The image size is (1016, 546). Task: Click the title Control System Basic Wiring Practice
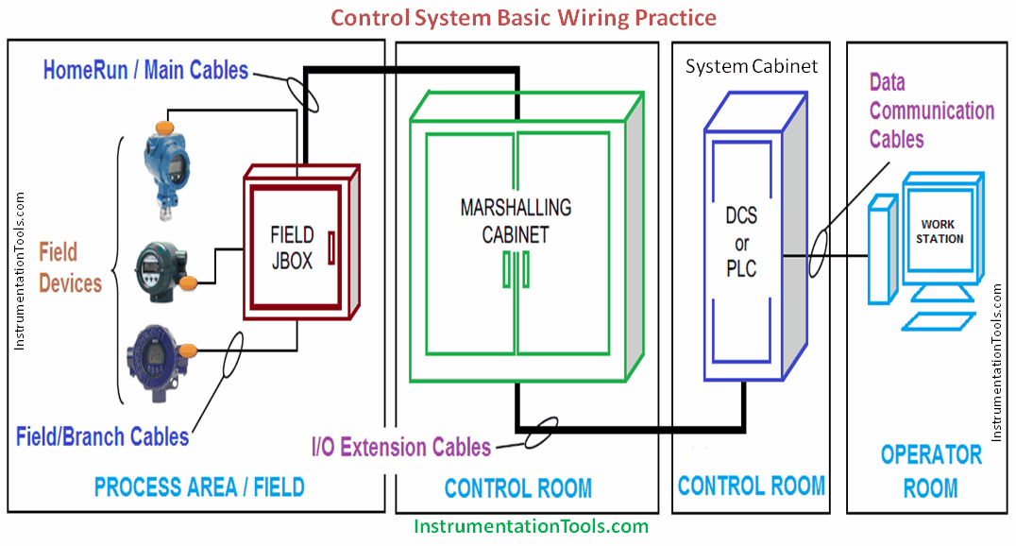pyautogui.click(x=522, y=17)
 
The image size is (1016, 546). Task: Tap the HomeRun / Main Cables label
pyautogui.click(x=145, y=70)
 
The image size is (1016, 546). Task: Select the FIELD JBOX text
pyautogui.click(x=292, y=247)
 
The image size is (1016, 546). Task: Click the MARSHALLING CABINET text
pyautogui.click(x=516, y=220)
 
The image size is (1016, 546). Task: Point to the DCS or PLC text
pyautogui.click(x=741, y=243)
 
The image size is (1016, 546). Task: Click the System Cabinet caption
pyautogui.click(x=752, y=66)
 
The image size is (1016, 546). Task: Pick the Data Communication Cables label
pyautogui.click(x=930, y=111)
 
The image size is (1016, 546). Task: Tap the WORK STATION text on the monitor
pyautogui.click(x=940, y=231)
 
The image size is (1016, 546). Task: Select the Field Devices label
pyautogui.click(x=70, y=267)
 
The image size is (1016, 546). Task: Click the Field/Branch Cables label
pyautogui.click(x=102, y=436)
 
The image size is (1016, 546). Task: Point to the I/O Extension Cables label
pyautogui.click(x=401, y=446)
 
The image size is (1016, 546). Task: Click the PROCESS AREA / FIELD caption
pyautogui.click(x=199, y=487)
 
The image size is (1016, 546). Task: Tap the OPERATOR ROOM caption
pyautogui.click(x=931, y=471)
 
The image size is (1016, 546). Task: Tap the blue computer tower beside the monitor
pyautogui.click(x=880, y=249)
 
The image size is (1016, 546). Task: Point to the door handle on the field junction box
pyautogui.click(x=331, y=247)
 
